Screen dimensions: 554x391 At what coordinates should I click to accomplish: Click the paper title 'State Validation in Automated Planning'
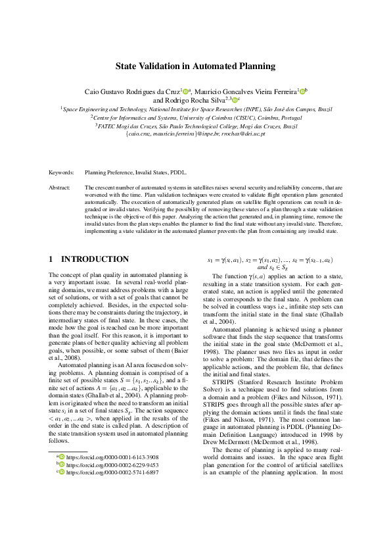click(x=195, y=66)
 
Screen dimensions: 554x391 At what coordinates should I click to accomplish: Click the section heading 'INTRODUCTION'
click(x=95, y=259)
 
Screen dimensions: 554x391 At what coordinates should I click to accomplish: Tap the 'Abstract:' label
click(x=60, y=188)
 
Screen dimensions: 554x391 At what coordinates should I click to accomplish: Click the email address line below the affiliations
click(x=195, y=132)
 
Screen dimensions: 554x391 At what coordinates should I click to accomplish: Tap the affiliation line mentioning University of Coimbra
click(x=195, y=116)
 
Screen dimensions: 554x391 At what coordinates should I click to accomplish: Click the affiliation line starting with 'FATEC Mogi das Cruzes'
click(x=195, y=124)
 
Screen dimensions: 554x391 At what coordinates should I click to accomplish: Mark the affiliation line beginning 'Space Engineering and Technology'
click(x=195, y=109)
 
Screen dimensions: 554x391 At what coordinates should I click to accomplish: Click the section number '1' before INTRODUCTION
click(x=51, y=259)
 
